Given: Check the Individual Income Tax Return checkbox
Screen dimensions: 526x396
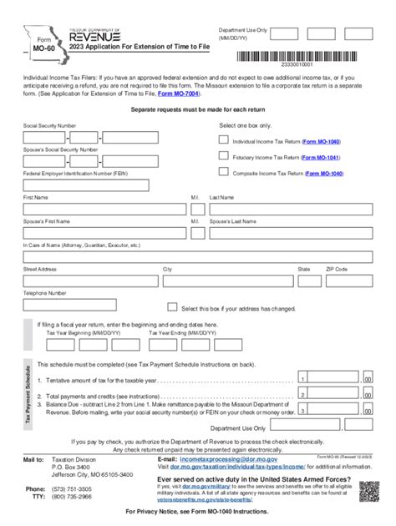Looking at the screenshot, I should click(223, 141).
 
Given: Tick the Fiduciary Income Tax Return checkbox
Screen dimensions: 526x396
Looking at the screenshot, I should click(223, 156).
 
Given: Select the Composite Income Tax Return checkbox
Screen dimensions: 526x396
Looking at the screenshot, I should click(223, 173).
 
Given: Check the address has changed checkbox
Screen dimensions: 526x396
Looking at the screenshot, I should click(173, 307).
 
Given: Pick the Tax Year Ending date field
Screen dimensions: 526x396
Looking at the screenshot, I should click(180, 342).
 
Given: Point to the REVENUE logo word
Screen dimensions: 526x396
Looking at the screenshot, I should click(99, 37).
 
